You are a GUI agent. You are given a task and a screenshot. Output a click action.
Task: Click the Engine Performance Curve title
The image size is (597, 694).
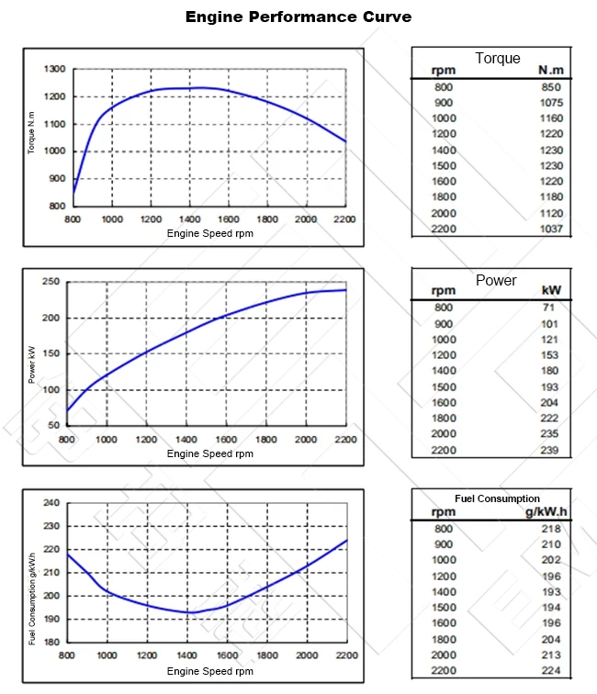(298, 17)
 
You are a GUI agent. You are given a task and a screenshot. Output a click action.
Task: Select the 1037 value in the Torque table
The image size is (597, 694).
(551, 229)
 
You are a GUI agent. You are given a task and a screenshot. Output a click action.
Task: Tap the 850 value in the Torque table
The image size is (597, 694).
(551, 87)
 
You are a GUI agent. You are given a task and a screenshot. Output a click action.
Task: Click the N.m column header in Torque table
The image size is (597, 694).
(550, 71)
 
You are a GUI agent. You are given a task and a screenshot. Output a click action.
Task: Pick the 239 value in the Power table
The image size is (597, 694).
(551, 450)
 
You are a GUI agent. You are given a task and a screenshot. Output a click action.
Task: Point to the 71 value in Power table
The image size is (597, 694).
(549, 308)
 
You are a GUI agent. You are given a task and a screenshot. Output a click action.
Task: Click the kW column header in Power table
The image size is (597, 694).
(551, 291)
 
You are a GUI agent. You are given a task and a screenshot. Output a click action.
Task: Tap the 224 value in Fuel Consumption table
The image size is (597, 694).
(551, 671)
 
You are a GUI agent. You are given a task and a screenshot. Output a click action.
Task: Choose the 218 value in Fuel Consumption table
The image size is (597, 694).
(551, 529)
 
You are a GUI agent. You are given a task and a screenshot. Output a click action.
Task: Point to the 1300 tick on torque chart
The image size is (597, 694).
(54, 70)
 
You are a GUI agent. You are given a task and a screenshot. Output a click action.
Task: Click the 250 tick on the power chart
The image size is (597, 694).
(51, 282)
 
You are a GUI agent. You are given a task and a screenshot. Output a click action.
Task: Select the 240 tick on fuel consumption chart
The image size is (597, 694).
(51, 503)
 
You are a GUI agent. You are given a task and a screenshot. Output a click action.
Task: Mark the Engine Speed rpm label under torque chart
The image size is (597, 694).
(209, 233)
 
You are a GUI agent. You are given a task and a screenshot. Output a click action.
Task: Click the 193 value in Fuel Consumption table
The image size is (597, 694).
(551, 592)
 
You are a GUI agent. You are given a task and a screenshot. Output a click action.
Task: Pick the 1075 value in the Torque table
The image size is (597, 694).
(551, 103)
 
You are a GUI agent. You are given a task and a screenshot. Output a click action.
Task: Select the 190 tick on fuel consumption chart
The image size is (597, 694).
(51, 619)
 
